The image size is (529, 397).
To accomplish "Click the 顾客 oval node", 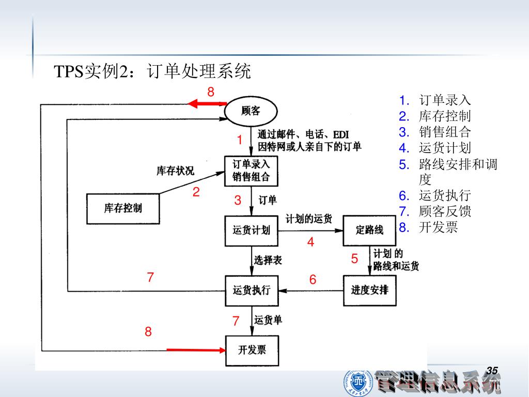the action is click(x=251, y=111).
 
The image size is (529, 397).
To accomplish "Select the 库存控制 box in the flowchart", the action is click(x=122, y=208).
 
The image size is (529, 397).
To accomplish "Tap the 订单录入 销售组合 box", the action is click(x=251, y=171).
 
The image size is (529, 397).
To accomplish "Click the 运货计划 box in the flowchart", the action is click(x=251, y=230).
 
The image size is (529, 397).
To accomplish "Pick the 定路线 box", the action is click(x=369, y=230).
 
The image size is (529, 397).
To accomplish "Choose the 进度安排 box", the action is click(x=369, y=290).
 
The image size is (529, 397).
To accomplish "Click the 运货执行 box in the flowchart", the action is click(x=251, y=290).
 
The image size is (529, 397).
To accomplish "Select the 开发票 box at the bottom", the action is click(x=251, y=350).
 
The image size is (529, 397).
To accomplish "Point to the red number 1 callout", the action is click(x=240, y=140).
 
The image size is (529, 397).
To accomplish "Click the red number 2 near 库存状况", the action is click(x=196, y=192).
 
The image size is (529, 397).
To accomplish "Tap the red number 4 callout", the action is click(x=310, y=242).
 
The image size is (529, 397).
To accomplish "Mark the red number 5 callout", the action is click(x=354, y=259).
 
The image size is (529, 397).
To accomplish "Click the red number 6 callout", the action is click(x=313, y=280).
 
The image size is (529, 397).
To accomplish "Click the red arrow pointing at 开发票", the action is click(x=196, y=350).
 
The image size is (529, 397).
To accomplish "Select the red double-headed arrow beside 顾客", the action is click(x=207, y=104).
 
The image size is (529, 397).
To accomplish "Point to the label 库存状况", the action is click(x=176, y=171).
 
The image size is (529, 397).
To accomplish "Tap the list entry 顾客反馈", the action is click(x=445, y=211).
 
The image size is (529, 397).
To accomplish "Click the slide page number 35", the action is click(x=492, y=370).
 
